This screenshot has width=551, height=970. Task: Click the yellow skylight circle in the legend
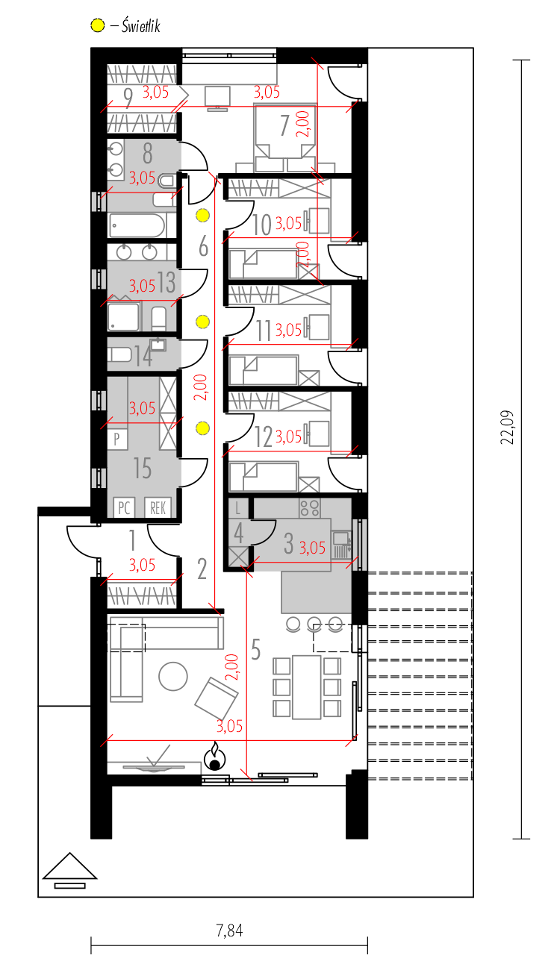click(x=98, y=25)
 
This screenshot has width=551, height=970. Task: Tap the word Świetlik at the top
click(x=141, y=25)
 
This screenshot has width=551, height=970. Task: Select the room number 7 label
click(x=284, y=125)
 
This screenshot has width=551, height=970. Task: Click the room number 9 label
click(x=128, y=98)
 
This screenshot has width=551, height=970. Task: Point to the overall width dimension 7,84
click(x=229, y=930)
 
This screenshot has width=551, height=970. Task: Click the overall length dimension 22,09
click(x=507, y=427)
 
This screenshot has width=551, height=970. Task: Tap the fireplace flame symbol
click(x=215, y=756)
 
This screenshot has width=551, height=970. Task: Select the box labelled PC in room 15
click(x=124, y=507)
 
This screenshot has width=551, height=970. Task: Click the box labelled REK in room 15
click(x=158, y=507)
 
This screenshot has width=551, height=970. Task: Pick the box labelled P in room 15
click(x=117, y=439)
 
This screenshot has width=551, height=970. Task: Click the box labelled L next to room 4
click(x=238, y=508)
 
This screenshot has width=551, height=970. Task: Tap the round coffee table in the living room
click(x=173, y=677)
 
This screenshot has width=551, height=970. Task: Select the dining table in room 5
click(x=307, y=687)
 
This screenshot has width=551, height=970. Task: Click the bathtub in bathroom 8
click(x=137, y=225)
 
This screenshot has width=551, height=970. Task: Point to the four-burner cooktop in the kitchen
click(x=310, y=507)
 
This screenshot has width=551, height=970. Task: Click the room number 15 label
click(x=143, y=468)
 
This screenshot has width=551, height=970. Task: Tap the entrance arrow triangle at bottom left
click(x=69, y=866)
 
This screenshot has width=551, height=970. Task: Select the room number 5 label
click(x=255, y=650)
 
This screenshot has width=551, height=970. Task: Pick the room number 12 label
click(x=264, y=437)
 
